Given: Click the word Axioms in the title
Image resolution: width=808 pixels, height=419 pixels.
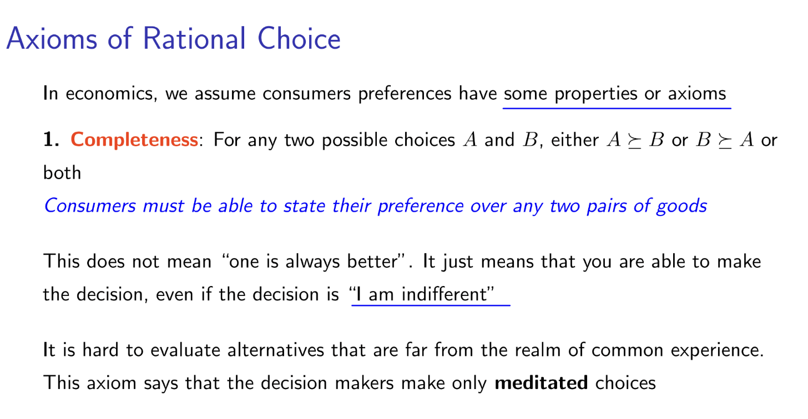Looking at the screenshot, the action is click(52, 38).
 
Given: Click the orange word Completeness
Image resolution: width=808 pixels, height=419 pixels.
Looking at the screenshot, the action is click(134, 140).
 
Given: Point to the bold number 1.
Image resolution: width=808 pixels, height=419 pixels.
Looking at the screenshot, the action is click(51, 140).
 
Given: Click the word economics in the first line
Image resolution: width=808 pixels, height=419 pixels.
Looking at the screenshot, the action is click(112, 94).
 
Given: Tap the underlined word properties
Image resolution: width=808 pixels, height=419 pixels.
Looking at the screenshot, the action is click(596, 94).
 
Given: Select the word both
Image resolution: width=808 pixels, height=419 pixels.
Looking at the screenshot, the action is click(62, 172).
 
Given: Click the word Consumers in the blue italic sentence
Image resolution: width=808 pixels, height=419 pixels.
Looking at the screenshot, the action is click(90, 206).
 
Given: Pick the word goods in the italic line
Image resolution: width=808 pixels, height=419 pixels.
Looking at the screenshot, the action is click(681, 207).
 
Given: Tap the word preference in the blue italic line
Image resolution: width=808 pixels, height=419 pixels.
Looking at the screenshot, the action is click(420, 207).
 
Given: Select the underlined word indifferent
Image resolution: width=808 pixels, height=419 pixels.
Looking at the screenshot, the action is click(445, 294).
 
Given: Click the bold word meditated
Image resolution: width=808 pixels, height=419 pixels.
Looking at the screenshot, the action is click(541, 383).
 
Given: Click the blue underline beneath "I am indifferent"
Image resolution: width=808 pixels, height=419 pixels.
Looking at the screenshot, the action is click(431, 305).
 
